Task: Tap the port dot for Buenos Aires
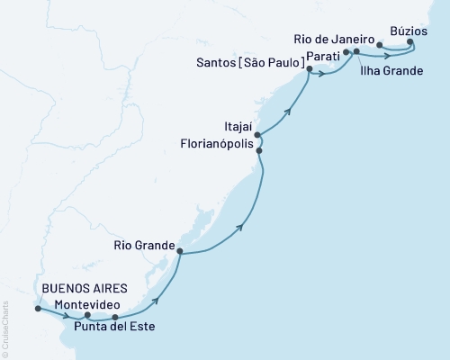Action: pyautogui.click(x=37, y=309)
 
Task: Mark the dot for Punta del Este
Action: pyautogui.click(x=114, y=318)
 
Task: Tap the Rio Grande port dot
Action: pyautogui.click(x=180, y=252)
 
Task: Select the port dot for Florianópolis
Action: pyautogui.click(x=260, y=151)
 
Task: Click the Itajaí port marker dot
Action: pyautogui.click(x=258, y=136)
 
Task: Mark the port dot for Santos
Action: pyautogui.click(x=309, y=69)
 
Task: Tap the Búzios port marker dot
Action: pyautogui.click(x=410, y=41)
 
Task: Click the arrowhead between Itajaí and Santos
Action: pyautogui.click(x=290, y=112)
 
